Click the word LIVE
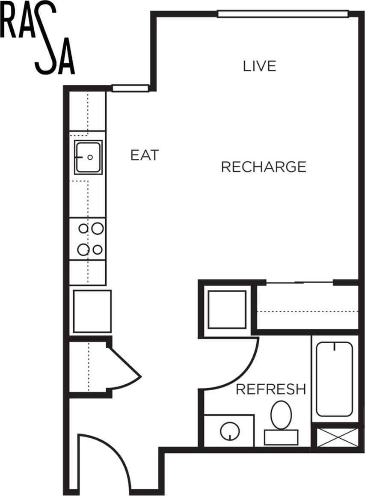coord(259,66)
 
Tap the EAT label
coord(144,155)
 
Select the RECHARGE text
coord(263,166)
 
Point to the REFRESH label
coord(271,389)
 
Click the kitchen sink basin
coord(88,157)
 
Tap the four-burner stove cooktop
coord(90,239)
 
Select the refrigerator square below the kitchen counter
coord(92,311)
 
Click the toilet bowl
coord(281,414)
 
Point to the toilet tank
coord(281,437)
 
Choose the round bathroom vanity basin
coord(230,431)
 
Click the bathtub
coord(334,379)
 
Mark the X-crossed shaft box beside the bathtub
coord(337,437)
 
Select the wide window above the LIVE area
coord(282,14)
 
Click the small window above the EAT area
coord(130,88)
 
